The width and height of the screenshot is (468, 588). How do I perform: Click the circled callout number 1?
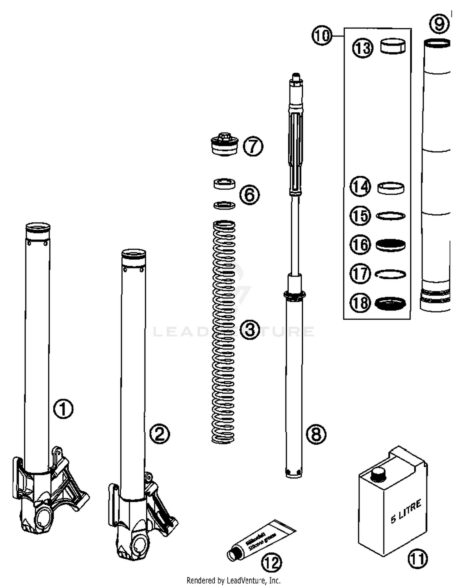(x=63, y=409)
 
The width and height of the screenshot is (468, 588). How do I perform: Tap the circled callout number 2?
(x=160, y=434)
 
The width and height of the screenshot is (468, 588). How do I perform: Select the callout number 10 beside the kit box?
(x=322, y=36)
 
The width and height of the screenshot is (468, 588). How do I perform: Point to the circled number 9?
(x=439, y=24)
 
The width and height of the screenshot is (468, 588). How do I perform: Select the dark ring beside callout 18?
(x=390, y=303)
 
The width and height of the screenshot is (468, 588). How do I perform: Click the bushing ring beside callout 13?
(x=393, y=46)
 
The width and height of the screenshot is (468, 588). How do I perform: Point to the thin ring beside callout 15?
(x=391, y=216)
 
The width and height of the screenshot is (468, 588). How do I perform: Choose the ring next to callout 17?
(x=390, y=274)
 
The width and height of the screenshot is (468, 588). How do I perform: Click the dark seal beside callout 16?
(x=390, y=245)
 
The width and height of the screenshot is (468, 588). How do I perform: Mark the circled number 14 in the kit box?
(x=360, y=187)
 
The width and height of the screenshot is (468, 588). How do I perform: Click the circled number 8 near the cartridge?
(x=316, y=434)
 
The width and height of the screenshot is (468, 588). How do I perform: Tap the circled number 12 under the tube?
(x=271, y=563)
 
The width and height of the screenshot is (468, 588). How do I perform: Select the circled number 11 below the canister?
(x=417, y=559)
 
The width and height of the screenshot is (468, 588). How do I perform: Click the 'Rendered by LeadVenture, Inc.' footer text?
(x=233, y=581)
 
